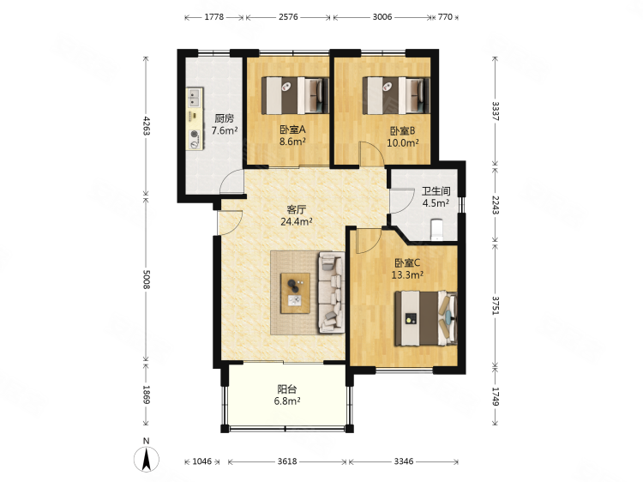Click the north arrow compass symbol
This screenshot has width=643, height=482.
tap(147, 459)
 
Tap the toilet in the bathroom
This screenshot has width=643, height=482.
tap(436, 230)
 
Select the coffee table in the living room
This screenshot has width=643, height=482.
tap(295, 293)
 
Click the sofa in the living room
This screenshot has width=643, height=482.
tap(331, 292)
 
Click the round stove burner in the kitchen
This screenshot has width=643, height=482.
tap(194, 134)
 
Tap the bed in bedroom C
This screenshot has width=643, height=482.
tap(426, 319)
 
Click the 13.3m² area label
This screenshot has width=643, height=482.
tap(407, 274)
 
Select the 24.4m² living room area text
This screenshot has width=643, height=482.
tap(297, 221)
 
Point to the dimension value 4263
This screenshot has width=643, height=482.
tap(147, 126)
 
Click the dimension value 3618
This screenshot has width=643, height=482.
tap(287, 461)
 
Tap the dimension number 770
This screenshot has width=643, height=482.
tap(445, 17)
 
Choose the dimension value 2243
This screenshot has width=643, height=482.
tap(496, 205)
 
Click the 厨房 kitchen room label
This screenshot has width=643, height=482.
tap(225, 118)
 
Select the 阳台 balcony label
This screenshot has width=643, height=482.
tap(287, 389)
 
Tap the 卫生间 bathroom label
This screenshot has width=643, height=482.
tap(436, 191)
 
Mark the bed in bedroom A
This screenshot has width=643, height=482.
tap(295, 95)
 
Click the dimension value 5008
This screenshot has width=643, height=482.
tap(147, 279)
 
